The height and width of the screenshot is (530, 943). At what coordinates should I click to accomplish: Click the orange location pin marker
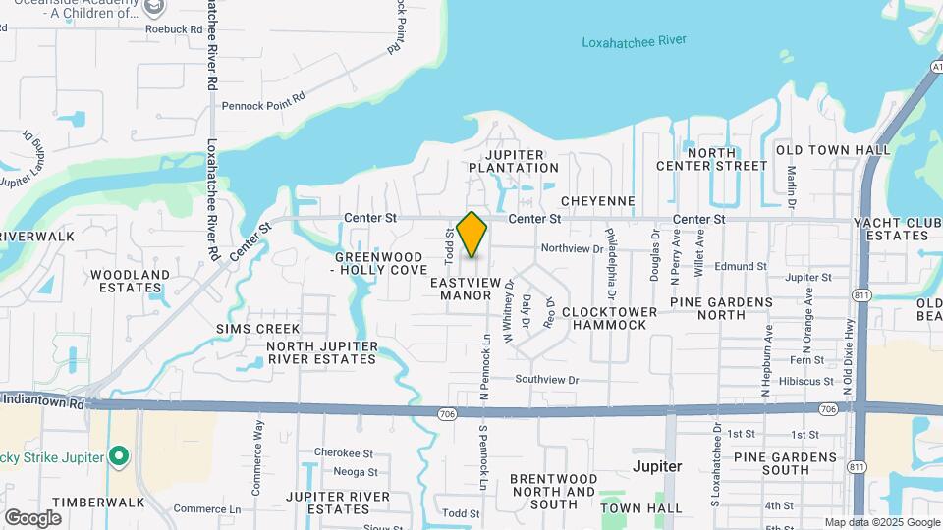(x=471, y=234)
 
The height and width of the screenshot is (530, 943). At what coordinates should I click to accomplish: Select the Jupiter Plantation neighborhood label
(x=513, y=160)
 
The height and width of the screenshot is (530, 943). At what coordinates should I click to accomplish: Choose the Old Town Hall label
(x=833, y=150)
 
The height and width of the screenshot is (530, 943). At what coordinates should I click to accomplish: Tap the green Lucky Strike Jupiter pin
(x=119, y=456)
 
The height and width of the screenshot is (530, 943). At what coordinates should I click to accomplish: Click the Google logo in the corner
(x=32, y=517)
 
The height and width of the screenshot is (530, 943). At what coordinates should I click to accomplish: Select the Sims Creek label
(x=257, y=328)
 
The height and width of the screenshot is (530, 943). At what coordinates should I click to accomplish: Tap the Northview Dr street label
(x=572, y=249)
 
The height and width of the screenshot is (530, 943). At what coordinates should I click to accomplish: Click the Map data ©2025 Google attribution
(x=882, y=522)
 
